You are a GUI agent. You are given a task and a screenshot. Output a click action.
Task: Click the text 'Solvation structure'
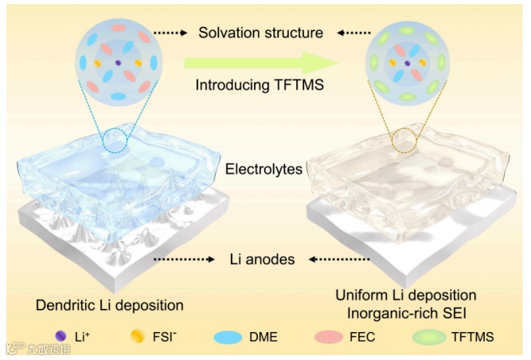261,33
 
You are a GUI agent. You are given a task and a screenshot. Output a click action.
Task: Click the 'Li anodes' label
263,260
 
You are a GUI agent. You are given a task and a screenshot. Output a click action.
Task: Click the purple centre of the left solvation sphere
117,62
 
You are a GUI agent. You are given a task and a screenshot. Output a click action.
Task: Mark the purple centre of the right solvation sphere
407,62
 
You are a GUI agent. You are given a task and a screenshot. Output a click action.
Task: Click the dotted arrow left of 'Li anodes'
185,260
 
